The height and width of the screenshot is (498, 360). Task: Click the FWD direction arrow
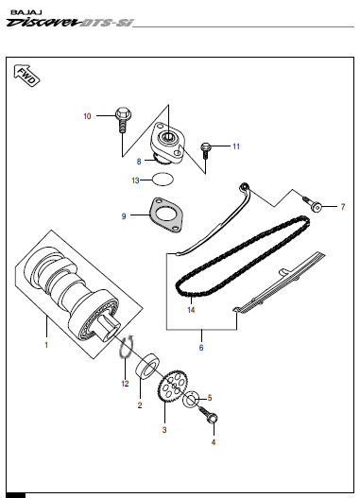[x=26, y=76]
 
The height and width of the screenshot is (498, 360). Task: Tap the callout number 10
[x=87, y=116]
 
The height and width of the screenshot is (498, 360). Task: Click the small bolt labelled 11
[x=205, y=150]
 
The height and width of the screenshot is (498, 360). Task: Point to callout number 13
[x=135, y=180]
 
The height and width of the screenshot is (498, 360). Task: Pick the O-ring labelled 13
[x=163, y=179]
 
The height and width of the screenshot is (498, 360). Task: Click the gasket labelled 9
[x=166, y=215]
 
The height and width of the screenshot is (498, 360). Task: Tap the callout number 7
[x=343, y=207]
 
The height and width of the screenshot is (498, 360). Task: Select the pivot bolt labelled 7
[x=313, y=204]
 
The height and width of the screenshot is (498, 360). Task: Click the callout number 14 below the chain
[x=191, y=310]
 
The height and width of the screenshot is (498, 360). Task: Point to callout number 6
[x=201, y=348]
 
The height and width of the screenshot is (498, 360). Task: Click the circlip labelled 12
[x=127, y=347]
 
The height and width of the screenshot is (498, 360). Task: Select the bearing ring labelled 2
[x=147, y=366]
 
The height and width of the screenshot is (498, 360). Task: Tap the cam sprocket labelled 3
[x=171, y=386]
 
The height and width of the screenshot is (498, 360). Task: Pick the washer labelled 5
[x=191, y=399]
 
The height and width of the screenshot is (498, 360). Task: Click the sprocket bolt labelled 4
[x=209, y=415]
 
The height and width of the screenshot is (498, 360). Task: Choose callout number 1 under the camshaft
[x=46, y=345]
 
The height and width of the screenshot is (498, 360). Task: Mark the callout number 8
[x=139, y=162]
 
